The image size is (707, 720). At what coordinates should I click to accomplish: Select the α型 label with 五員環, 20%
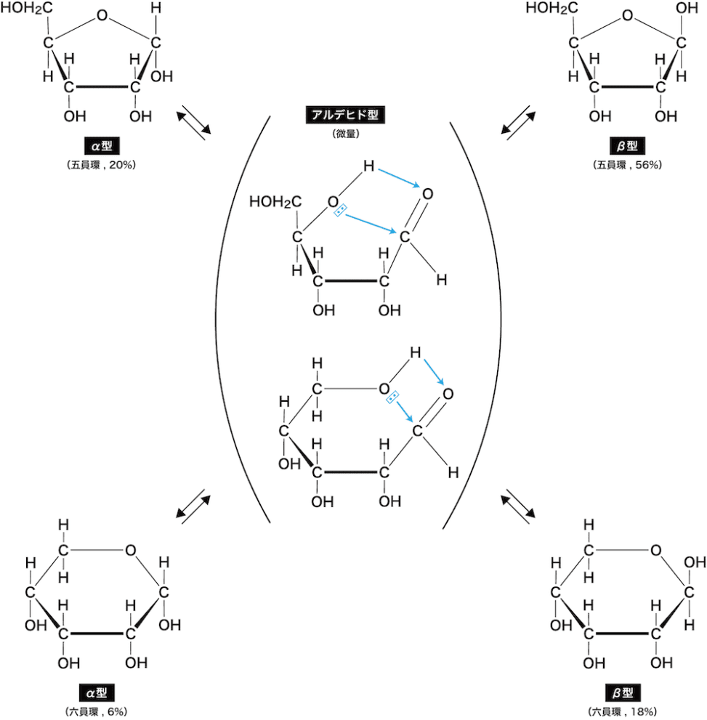(101, 147)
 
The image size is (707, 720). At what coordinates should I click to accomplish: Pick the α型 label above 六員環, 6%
(101, 692)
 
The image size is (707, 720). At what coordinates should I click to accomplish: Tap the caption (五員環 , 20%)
(101, 165)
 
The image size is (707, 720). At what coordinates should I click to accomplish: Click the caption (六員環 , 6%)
(101, 710)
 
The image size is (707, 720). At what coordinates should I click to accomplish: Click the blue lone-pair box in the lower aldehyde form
(392, 397)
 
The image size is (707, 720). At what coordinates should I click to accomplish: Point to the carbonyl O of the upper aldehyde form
(427, 194)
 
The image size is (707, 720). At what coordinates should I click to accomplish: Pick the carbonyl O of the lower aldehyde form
(448, 395)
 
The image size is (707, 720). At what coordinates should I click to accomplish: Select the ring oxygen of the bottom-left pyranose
(130, 549)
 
